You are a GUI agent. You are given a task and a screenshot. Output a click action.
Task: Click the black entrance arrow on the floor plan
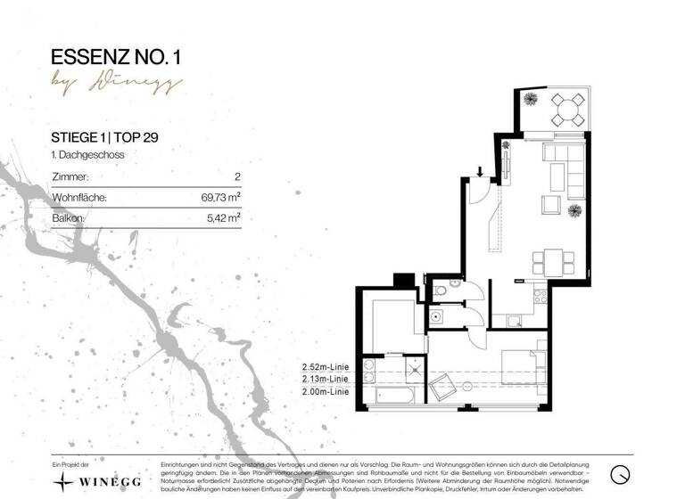pyautogui.click(x=480, y=172)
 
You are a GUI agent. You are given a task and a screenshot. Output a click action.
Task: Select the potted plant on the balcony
pyautogui.click(x=529, y=97)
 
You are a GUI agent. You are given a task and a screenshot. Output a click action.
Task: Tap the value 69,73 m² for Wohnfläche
pyautogui.click(x=221, y=197)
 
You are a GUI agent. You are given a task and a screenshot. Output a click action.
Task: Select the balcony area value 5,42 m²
pyautogui.click(x=223, y=217)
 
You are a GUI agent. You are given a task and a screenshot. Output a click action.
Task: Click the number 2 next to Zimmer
pyautogui.click(x=237, y=177)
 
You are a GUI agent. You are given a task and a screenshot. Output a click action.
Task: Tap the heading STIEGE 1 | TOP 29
pyautogui.click(x=106, y=137)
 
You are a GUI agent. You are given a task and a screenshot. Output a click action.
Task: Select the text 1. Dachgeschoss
pyautogui.click(x=87, y=155)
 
